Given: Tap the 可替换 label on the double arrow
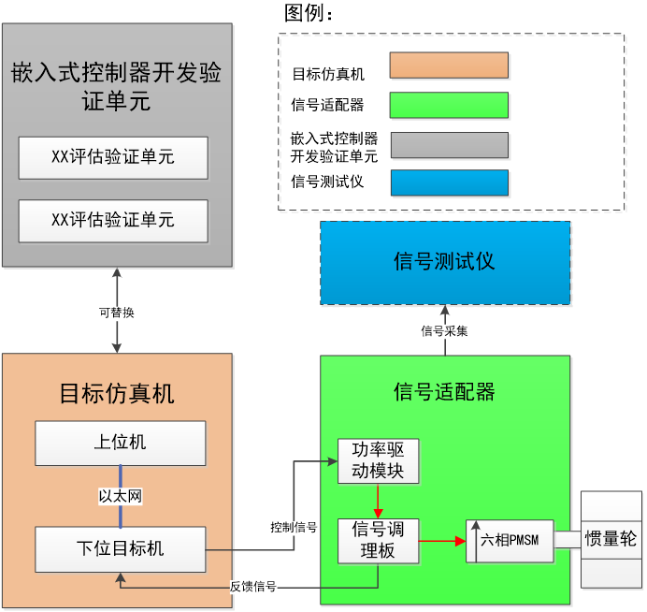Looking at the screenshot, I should click(x=117, y=313).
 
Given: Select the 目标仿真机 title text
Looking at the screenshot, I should click(x=117, y=393).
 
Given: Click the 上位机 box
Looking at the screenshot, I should click(x=120, y=443).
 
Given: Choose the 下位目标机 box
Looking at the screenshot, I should click(x=120, y=548).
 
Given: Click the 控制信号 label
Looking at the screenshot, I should click(x=294, y=528).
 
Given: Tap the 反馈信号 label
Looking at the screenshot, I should click(x=252, y=587).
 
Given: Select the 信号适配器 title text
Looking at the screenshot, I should click(x=444, y=392).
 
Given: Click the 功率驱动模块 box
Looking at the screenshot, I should click(x=378, y=459).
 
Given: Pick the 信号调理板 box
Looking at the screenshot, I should click(x=378, y=540).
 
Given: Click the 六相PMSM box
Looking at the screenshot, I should click(x=510, y=540).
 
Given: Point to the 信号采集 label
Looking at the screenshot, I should click(x=444, y=330).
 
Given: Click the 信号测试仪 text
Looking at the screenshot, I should click(x=444, y=261).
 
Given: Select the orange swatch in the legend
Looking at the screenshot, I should click(x=449, y=66).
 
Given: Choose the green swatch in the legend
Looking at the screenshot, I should click(x=449, y=105).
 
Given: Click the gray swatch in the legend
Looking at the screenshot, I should click(x=449, y=145).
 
